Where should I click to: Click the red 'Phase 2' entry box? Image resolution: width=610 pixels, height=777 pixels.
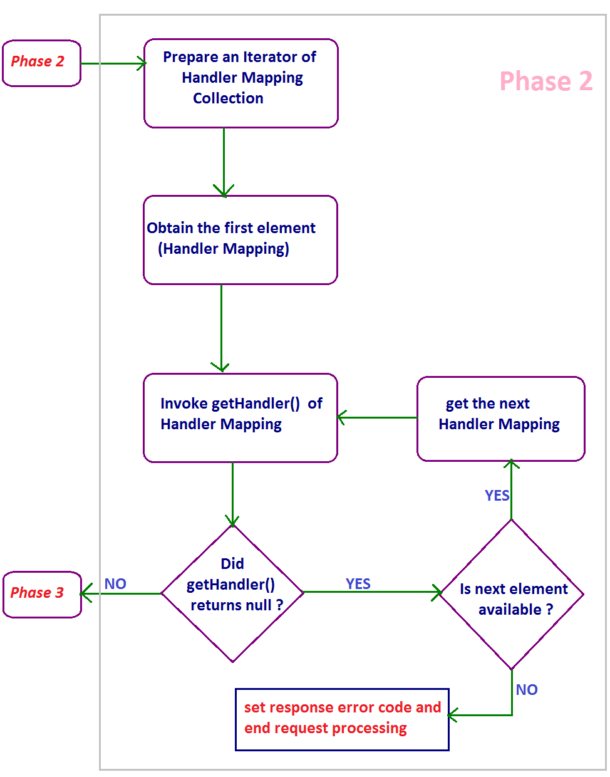point(41,63)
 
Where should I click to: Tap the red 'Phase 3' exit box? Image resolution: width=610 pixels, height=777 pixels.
point(42,594)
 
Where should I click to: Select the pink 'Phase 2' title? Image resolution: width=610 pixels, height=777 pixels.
point(545,81)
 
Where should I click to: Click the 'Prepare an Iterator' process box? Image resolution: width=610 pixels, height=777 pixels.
point(240,83)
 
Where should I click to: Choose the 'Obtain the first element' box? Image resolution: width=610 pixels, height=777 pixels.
point(240,239)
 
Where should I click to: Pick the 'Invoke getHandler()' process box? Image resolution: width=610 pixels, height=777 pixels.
point(240,417)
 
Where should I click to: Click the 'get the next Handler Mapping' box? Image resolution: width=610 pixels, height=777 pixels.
point(500,418)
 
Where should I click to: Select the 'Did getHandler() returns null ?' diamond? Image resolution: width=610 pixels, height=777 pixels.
point(232,593)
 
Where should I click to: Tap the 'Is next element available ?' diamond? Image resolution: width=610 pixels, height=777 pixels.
point(512,594)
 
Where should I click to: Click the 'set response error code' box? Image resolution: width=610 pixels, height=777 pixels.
point(342,719)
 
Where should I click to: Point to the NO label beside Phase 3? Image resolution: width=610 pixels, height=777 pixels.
point(115,584)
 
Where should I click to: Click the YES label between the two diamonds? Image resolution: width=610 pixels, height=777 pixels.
point(358,584)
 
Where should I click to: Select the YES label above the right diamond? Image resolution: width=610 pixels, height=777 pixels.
point(497,496)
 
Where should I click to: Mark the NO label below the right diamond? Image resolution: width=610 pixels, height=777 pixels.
point(527,690)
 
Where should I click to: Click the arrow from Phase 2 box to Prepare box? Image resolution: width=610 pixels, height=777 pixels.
point(113,63)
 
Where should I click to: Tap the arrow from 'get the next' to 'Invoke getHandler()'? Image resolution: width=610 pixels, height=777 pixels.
point(377,417)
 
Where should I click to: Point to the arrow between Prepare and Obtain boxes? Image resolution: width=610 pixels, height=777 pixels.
point(224,162)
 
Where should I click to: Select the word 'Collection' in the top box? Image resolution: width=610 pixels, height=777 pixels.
point(228,98)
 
